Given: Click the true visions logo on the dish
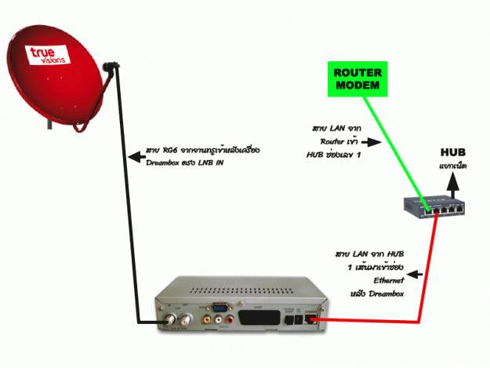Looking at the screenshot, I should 49,54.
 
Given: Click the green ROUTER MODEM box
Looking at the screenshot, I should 357,78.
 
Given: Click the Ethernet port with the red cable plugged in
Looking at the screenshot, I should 314,317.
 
